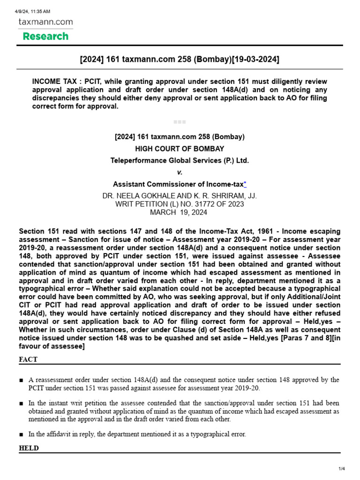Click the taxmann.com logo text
pos(45,22)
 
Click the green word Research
pos(45,36)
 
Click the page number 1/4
pos(342,469)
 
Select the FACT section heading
pos(28,360)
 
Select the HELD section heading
pos(29,448)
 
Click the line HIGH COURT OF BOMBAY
pos(180,149)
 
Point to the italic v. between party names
pos(180,172)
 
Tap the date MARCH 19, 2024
pos(180,212)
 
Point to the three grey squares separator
pos(180,122)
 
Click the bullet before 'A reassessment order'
pos(22,380)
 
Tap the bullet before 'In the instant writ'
pos(22,404)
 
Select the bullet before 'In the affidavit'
pos(22,435)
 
